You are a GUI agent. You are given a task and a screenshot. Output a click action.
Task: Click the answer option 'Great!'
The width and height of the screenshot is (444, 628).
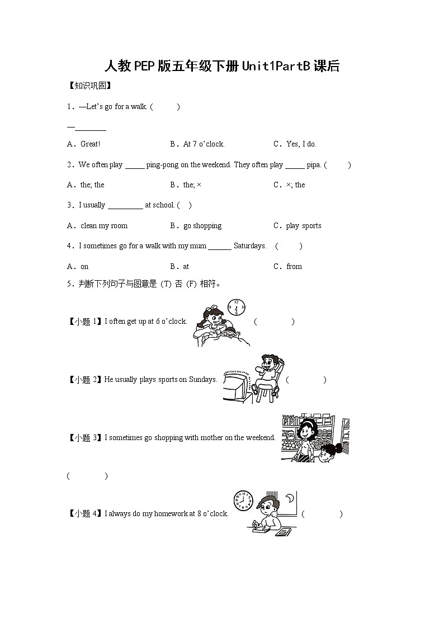(x=90, y=144)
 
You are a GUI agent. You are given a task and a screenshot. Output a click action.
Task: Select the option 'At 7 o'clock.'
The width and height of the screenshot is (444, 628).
(x=204, y=144)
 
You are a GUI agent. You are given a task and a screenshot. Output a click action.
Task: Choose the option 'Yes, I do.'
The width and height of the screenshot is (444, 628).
(x=301, y=144)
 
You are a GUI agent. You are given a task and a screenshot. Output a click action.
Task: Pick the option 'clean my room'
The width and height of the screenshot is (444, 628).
(x=104, y=226)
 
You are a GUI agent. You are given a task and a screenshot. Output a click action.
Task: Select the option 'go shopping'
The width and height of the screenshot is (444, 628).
(x=202, y=226)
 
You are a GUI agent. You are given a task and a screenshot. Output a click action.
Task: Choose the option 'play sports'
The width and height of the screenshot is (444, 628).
(x=304, y=226)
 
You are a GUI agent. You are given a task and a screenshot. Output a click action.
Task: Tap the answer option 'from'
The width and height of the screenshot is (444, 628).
(x=294, y=267)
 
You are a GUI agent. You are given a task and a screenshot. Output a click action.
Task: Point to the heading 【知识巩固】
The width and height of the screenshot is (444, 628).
(x=89, y=86)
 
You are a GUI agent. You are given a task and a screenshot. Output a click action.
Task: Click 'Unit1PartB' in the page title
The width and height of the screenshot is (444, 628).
(x=276, y=67)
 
